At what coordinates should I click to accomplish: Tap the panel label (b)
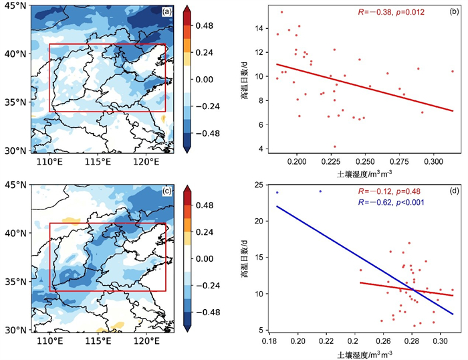452,11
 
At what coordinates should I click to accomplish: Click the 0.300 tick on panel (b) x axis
434,161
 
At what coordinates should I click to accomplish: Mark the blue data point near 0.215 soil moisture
320,191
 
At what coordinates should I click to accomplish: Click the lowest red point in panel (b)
335,147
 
